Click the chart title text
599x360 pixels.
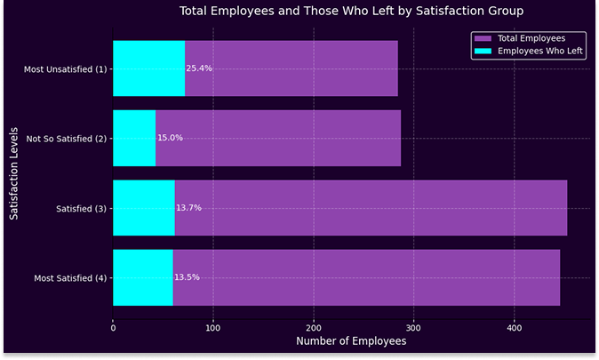tap(351, 12)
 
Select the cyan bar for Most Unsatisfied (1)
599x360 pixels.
tap(148, 68)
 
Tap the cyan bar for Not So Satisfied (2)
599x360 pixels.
tap(134, 138)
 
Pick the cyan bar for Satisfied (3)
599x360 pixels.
tap(144, 207)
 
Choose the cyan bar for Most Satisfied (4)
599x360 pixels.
tap(143, 277)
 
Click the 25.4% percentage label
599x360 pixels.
tap(199, 68)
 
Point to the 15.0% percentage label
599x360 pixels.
tap(170, 138)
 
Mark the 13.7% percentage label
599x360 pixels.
tap(188, 207)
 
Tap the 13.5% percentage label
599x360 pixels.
tap(187, 277)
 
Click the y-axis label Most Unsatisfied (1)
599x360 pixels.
tap(68, 68)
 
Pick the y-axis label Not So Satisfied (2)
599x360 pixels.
tap(67, 139)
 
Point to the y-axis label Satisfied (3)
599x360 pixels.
tap(81, 208)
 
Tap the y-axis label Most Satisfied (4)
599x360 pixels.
tap(70, 278)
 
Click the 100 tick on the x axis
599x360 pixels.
tap(213, 328)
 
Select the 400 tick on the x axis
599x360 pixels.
tap(514, 328)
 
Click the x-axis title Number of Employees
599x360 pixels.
tap(350, 341)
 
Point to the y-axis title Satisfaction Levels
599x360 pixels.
tap(14, 172)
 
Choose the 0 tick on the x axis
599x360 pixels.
tap(113, 328)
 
